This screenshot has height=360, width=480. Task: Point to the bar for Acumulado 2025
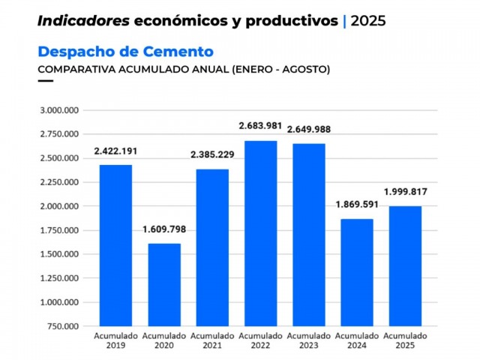(405, 265)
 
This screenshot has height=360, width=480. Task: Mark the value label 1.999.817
(405, 191)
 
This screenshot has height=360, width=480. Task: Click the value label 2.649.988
(307, 129)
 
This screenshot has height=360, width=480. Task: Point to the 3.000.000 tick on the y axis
(59, 110)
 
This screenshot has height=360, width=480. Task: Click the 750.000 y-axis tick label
(63, 326)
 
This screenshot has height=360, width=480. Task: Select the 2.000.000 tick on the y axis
(59, 206)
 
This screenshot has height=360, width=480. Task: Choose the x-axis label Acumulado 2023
(307, 340)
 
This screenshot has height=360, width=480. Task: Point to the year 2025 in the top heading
(368, 21)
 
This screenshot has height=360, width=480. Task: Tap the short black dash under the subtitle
(45, 80)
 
